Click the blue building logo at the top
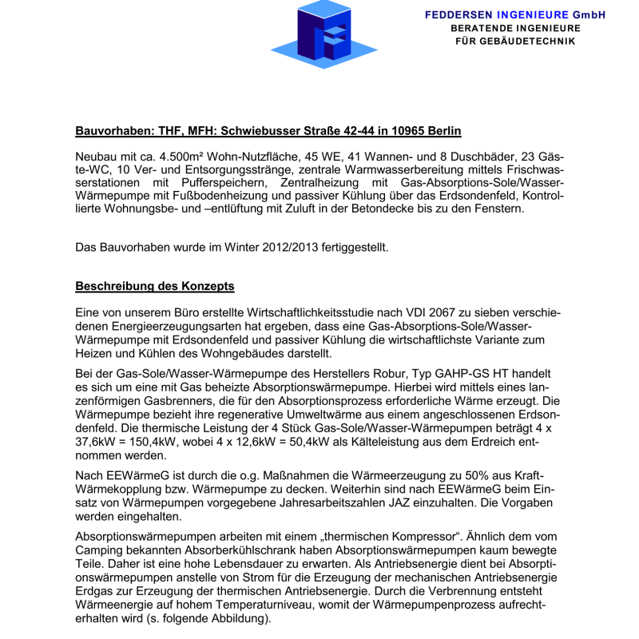click(324, 34)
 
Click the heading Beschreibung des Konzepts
click(155, 286)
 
